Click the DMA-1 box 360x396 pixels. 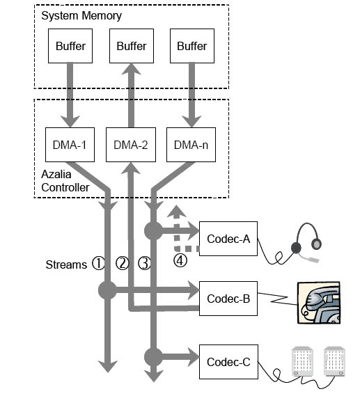(70, 145)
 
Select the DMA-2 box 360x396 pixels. (131, 145)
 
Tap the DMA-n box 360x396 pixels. (191, 145)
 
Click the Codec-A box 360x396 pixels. (228, 239)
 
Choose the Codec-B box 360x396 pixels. (228, 299)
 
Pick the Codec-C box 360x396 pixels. (228, 362)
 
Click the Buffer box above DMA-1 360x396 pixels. (70, 46)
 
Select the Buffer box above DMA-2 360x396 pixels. (132, 46)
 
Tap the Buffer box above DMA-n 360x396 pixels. (192, 46)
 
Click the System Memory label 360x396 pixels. (81, 15)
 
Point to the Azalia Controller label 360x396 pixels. (65, 181)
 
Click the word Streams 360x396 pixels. (66, 264)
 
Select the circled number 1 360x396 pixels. (98, 263)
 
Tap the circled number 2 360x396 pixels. (123, 263)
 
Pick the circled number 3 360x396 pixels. (145, 263)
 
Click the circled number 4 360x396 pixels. (180, 260)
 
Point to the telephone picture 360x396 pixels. (319, 303)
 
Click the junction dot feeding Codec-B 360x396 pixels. (107, 290)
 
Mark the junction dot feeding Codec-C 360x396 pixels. (153, 357)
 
